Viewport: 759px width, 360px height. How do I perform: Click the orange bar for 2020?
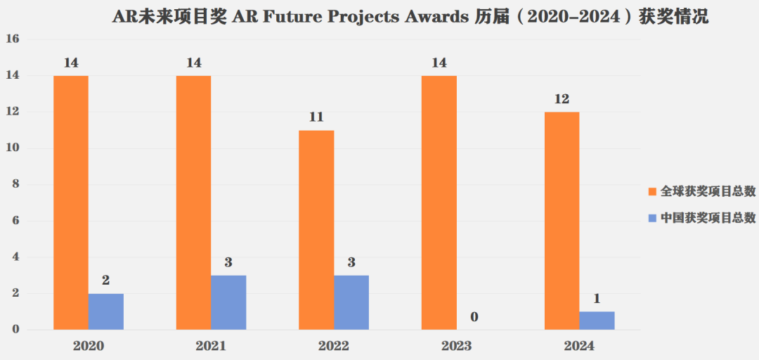[x=70, y=202]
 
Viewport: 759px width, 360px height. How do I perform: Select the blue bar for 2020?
[x=105, y=311]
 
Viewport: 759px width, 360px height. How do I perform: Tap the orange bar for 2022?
[x=316, y=230]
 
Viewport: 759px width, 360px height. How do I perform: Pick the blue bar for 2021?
[x=228, y=302]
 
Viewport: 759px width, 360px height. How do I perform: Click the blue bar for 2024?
[x=597, y=321]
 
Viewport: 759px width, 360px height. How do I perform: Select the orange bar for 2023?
[x=439, y=202]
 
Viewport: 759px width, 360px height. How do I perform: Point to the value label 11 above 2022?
[x=316, y=117]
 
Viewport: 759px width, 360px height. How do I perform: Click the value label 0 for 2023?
[x=474, y=317]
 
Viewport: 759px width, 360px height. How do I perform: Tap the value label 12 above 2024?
[x=562, y=98]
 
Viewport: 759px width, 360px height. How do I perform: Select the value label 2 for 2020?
[x=105, y=281]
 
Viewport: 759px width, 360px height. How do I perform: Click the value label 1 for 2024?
[x=597, y=299]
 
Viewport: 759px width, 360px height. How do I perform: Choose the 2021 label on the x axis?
[x=211, y=346]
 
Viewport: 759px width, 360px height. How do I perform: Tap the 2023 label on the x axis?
[x=457, y=346]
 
